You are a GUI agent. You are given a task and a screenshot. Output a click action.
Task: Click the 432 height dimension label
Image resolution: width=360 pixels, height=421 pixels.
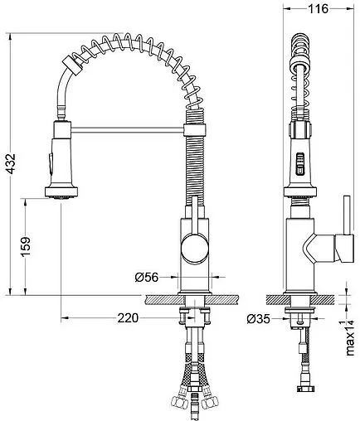[x=12, y=163]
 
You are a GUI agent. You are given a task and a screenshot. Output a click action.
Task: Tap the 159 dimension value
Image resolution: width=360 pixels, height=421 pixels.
[x=27, y=246]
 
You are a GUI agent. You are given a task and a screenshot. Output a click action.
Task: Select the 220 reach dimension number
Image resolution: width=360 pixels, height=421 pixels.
[x=128, y=318]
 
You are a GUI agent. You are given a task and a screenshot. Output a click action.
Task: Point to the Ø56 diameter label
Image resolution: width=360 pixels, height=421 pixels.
[x=147, y=277]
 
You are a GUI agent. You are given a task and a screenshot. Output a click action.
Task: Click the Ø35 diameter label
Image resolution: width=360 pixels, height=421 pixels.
[x=258, y=319]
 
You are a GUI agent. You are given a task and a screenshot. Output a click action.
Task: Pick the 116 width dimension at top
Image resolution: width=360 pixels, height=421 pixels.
[x=318, y=9]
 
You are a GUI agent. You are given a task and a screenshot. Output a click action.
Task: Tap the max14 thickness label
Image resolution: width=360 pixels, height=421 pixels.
[x=350, y=337]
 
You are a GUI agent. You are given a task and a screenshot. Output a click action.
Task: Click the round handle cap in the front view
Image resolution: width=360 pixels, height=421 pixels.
[x=194, y=248]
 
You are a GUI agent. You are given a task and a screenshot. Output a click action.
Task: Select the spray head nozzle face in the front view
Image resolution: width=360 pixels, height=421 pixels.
[x=61, y=197]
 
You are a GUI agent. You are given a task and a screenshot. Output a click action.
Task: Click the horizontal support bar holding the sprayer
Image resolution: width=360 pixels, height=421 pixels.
[x=128, y=129]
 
